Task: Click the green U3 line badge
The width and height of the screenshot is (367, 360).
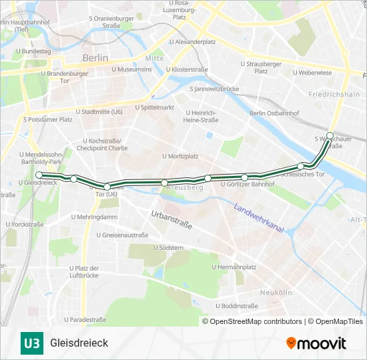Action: pos(31,343)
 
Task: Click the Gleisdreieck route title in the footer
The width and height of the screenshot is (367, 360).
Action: pos(79,343)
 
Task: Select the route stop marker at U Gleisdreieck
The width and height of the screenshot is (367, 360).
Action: pos(39,175)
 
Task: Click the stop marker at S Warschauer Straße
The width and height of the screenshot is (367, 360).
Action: pos(330,135)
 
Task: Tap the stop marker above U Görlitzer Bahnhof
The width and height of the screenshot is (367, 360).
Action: pos(245,177)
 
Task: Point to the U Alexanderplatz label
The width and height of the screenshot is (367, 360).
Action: pos(192,41)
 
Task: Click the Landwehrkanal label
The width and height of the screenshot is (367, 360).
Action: pos(260,219)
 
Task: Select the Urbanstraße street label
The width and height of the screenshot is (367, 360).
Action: pos(171,219)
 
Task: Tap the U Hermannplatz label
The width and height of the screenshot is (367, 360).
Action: pos(234,267)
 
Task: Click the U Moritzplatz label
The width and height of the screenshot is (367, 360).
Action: pos(179,156)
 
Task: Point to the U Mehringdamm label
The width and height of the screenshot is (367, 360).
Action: pos(93,217)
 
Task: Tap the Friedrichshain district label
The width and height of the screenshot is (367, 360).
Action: pos(334,95)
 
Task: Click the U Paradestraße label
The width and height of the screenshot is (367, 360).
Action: pos(88,319)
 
